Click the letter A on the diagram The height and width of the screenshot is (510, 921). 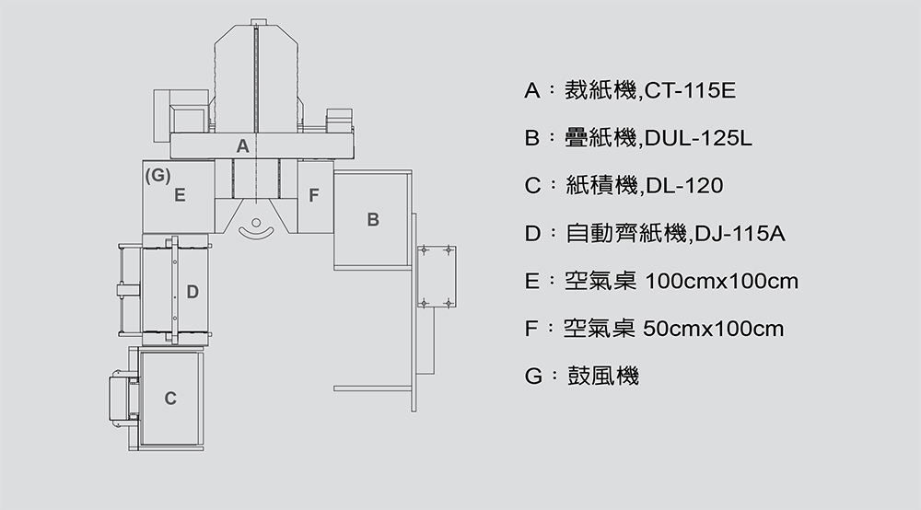(242, 146)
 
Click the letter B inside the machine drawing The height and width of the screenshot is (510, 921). (373, 220)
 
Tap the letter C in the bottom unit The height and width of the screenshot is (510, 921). (170, 399)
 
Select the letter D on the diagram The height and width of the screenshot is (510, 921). (192, 293)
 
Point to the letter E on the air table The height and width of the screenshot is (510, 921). (181, 195)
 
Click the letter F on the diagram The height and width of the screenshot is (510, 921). (314, 195)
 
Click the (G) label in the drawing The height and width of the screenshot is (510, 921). (157, 175)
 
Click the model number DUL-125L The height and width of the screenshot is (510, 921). (700, 139)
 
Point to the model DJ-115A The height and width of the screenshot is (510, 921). (740, 234)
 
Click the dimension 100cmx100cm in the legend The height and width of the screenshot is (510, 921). (723, 281)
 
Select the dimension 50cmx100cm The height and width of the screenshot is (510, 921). (715, 329)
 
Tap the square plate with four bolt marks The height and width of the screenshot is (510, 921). (436, 275)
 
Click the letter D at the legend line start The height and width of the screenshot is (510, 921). (532, 234)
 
